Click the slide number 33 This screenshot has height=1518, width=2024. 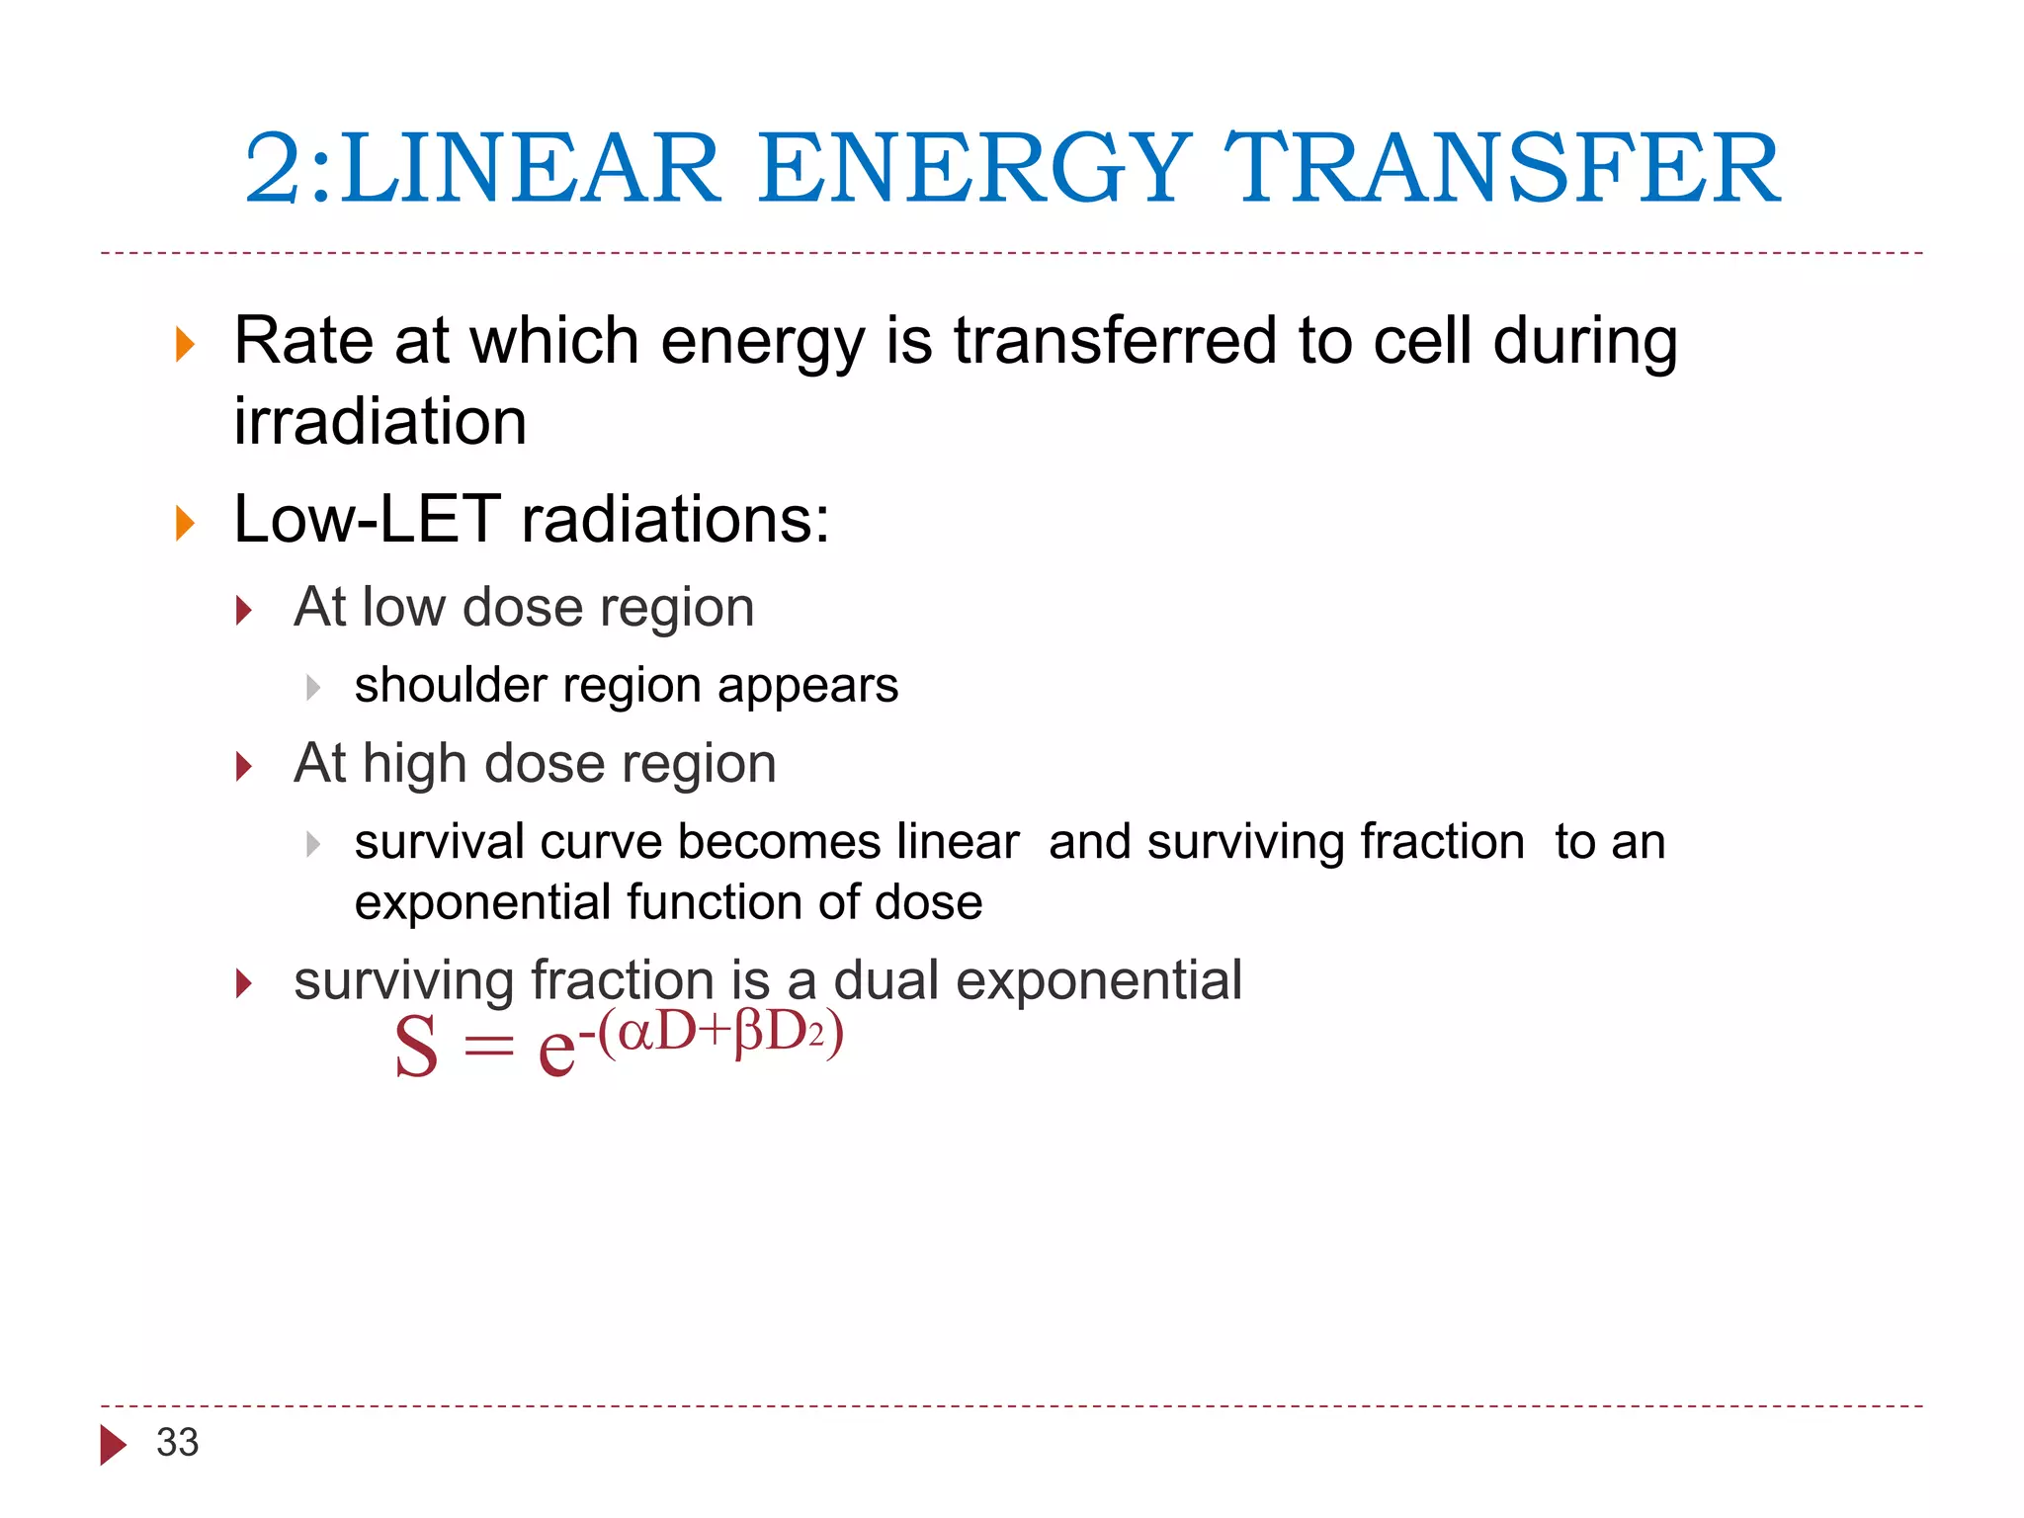point(178,1443)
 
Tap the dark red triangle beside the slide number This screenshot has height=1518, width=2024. point(113,1445)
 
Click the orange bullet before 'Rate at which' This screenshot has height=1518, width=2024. point(185,345)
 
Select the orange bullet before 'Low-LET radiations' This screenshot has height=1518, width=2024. point(185,523)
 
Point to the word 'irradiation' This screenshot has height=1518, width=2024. point(380,422)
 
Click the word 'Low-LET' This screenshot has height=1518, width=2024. point(367,520)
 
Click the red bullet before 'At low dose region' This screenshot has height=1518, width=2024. point(244,610)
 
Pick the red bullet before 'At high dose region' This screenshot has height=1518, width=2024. point(244,766)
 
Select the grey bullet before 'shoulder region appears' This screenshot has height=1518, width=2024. point(312,687)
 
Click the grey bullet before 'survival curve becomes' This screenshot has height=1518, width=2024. point(312,844)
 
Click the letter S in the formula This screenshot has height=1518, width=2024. point(416,1048)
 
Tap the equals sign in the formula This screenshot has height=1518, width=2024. point(489,1046)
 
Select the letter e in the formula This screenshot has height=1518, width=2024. point(556,1050)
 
